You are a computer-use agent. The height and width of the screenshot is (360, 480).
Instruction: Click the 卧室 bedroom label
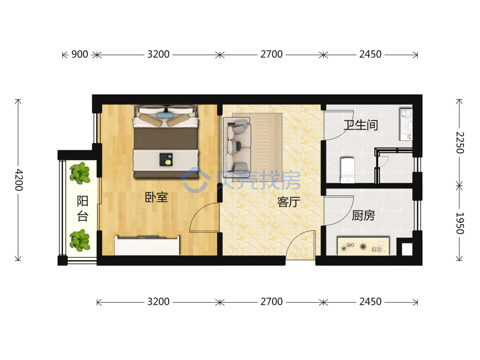(156, 197)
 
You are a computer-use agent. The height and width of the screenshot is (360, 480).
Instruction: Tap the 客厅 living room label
(288, 202)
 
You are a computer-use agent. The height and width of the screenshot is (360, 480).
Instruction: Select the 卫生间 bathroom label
(360, 125)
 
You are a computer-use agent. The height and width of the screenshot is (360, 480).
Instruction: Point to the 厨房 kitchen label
(363, 216)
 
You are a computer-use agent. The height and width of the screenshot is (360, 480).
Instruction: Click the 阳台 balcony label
(83, 209)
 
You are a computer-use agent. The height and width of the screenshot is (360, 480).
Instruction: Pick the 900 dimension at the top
(80, 54)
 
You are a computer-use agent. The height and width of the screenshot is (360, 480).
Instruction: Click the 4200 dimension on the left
(19, 180)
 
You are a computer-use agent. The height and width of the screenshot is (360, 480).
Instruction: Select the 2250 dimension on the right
(459, 143)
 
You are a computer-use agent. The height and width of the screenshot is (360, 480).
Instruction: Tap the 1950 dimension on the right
(459, 223)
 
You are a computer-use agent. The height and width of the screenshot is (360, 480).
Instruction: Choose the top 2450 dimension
(371, 54)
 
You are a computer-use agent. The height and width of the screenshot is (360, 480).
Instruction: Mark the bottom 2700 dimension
(272, 301)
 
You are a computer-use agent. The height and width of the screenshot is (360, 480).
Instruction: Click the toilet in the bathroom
(348, 170)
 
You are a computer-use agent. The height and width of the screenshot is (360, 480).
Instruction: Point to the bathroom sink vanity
(406, 124)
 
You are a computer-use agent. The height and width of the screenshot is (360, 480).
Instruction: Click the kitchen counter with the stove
(363, 246)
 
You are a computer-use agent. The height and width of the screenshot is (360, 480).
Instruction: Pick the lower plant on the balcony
(80, 240)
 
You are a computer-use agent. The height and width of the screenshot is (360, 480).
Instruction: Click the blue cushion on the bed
(165, 115)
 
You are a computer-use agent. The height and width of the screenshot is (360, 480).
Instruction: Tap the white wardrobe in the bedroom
(147, 245)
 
